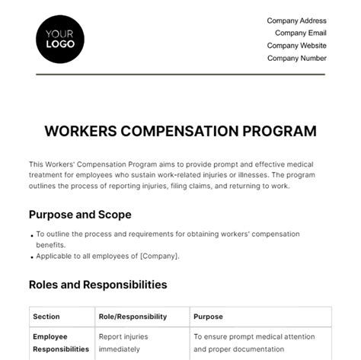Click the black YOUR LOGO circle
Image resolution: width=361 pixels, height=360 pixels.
coord(60,38)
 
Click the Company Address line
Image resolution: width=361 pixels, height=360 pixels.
coord(296,21)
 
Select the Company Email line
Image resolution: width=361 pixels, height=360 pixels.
coord(300,33)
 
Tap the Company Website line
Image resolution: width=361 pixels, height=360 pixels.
coord(296,45)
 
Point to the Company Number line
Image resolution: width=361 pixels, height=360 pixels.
coord(296,57)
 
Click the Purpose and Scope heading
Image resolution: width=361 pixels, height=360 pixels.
coord(80,215)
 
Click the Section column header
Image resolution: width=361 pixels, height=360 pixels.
coord(48,317)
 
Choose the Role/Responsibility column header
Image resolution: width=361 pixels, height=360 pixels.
coord(129,317)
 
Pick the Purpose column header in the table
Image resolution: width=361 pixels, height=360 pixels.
coord(209,317)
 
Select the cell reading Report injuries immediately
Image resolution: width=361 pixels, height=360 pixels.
coord(124,342)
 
